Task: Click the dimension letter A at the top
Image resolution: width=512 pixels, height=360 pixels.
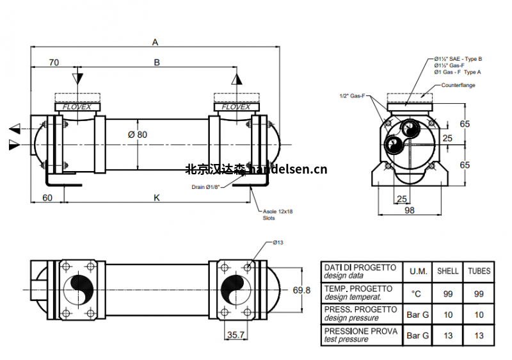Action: pos(154,42)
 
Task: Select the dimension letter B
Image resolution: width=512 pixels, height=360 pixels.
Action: pos(156,62)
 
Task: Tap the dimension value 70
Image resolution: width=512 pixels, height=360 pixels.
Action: pos(54,62)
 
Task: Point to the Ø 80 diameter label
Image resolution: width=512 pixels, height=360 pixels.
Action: pos(137,135)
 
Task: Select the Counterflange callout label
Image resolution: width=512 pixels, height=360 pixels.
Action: pos(458,85)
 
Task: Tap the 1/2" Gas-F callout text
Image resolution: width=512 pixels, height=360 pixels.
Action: pos(352,96)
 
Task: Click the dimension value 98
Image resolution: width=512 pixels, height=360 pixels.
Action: pos(410,211)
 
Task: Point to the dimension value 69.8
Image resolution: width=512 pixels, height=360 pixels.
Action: pos(301,290)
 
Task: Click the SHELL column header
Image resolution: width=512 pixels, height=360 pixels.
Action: pos(447,271)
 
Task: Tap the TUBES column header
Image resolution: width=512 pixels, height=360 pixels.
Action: pos(479,271)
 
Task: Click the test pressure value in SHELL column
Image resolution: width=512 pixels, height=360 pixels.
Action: pos(447,335)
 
